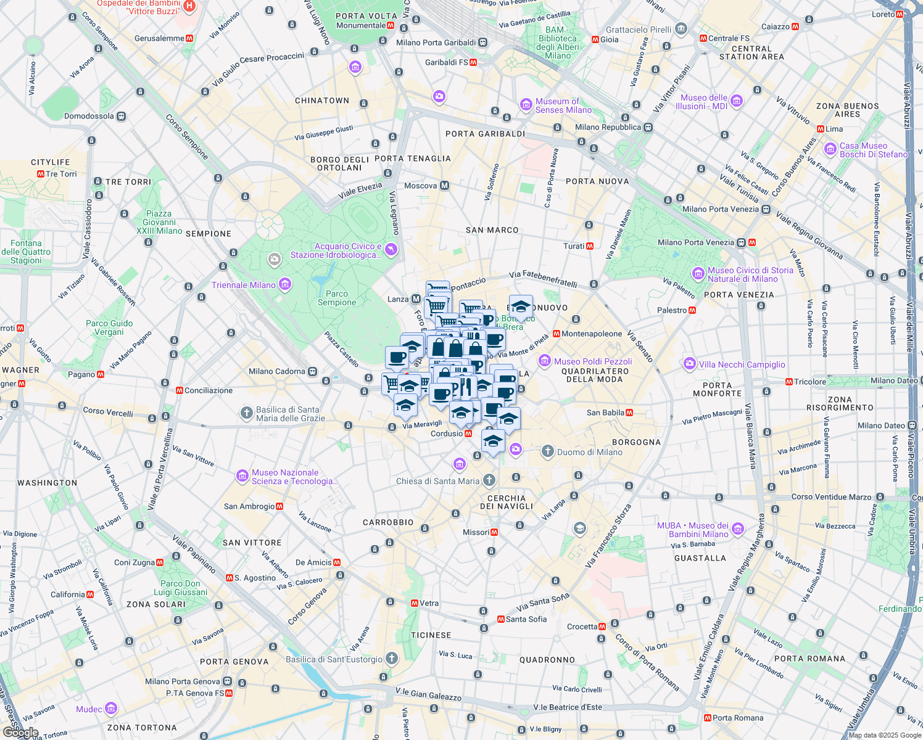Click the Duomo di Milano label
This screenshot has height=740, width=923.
point(589,452)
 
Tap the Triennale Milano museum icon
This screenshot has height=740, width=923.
point(285,284)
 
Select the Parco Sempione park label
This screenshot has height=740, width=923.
point(337,298)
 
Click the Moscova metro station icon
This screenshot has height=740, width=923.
point(444,186)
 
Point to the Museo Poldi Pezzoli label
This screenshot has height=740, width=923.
point(592,361)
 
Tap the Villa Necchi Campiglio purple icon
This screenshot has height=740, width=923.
point(690,364)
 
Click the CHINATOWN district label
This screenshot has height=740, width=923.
point(322,101)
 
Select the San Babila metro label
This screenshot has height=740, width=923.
point(605,413)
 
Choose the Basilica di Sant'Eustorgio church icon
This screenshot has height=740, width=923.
point(391,659)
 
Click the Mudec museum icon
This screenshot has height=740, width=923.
point(111,709)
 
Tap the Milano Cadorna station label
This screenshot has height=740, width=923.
point(277,371)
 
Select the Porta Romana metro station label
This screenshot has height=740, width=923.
point(738,718)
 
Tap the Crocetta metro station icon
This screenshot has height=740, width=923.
point(615,627)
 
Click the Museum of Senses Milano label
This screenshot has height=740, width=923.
point(563,106)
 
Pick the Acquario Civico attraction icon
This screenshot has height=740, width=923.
point(391,249)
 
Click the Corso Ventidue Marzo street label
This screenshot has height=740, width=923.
point(831,497)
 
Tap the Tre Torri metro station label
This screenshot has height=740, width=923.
point(61,174)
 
